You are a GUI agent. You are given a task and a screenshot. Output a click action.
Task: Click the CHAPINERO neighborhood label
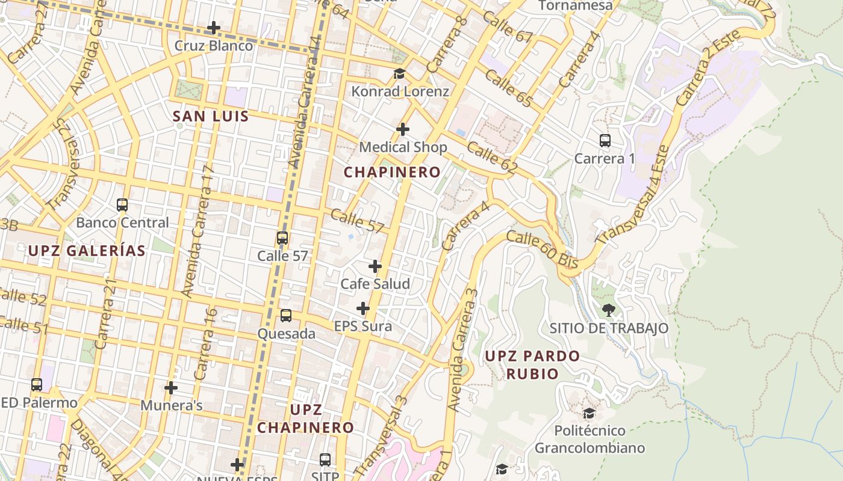coord(392,172)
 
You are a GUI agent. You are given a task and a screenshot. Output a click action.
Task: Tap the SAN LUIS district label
coord(211,117)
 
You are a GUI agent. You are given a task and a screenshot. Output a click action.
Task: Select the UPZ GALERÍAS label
coord(87,251)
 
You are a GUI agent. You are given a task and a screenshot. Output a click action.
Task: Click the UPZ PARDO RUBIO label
coord(532,364)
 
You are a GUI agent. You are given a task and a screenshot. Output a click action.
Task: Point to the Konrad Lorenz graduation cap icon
coord(399,74)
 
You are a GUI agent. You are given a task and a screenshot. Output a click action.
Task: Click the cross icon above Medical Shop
coord(403,129)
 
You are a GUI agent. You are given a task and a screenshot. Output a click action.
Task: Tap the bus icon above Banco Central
coord(122,205)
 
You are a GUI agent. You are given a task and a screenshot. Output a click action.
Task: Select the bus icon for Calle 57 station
coord(282,238)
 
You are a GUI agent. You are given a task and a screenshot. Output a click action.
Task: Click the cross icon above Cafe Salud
coord(375,266)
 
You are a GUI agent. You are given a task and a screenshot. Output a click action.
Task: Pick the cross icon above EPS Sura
coord(362,309)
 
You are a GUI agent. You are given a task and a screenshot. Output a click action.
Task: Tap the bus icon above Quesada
coord(286,316)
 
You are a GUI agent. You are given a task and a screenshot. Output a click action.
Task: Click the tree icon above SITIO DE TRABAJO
coord(609,310)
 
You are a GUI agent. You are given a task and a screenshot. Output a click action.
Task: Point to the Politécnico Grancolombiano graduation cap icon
coord(589,414)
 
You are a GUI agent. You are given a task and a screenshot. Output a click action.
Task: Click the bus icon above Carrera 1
coord(605,141)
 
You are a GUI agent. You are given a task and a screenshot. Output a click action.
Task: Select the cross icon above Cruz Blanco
coord(213,28)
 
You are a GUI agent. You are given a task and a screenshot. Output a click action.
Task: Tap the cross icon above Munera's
coord(171,388)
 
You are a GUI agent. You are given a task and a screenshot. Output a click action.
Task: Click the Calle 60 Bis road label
coord(542,250)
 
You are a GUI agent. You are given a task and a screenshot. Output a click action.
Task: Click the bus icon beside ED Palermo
coord(37,385)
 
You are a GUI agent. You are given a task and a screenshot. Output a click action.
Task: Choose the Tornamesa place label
coord(575,6)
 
